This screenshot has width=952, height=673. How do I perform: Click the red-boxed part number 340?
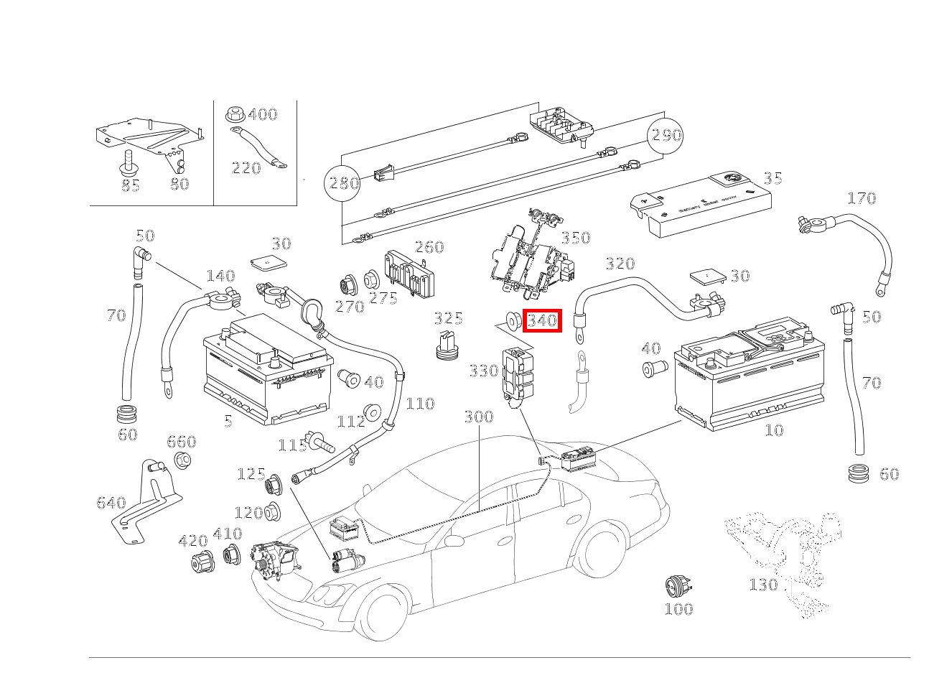tap(542, 320)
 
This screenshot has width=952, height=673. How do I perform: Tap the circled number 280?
tap(343, 182)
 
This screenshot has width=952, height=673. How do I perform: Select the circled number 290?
tap(666, 134)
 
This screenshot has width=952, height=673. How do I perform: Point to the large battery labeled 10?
tap(747, 377)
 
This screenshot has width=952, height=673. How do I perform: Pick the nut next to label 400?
tap(233, 113)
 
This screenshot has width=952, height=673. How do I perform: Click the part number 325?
tap(448, 318)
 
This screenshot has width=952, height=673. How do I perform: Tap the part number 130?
tap(763, 585)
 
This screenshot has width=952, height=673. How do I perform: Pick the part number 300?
tap(478, 417)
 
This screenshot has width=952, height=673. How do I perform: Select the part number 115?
tap(292, 445)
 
